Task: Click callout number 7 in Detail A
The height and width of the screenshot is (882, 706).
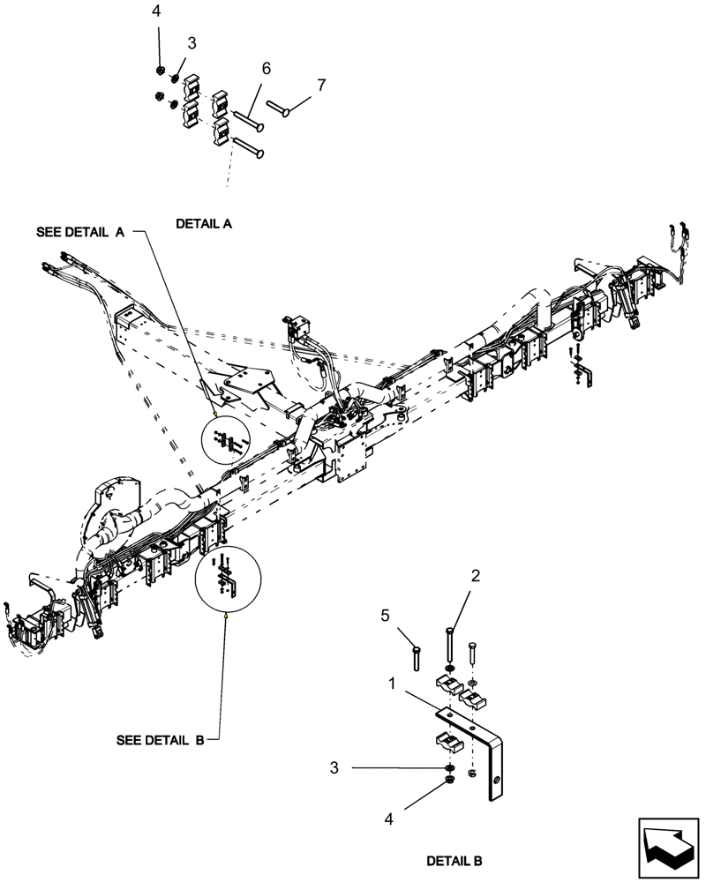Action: click(320, 86)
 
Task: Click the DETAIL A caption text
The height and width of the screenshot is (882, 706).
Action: click(203, 224)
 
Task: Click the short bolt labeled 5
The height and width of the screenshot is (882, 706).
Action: click(417, 657)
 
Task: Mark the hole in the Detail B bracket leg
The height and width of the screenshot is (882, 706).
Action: click(498, 781)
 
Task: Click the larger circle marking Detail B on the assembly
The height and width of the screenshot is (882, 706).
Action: click(228, 580)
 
